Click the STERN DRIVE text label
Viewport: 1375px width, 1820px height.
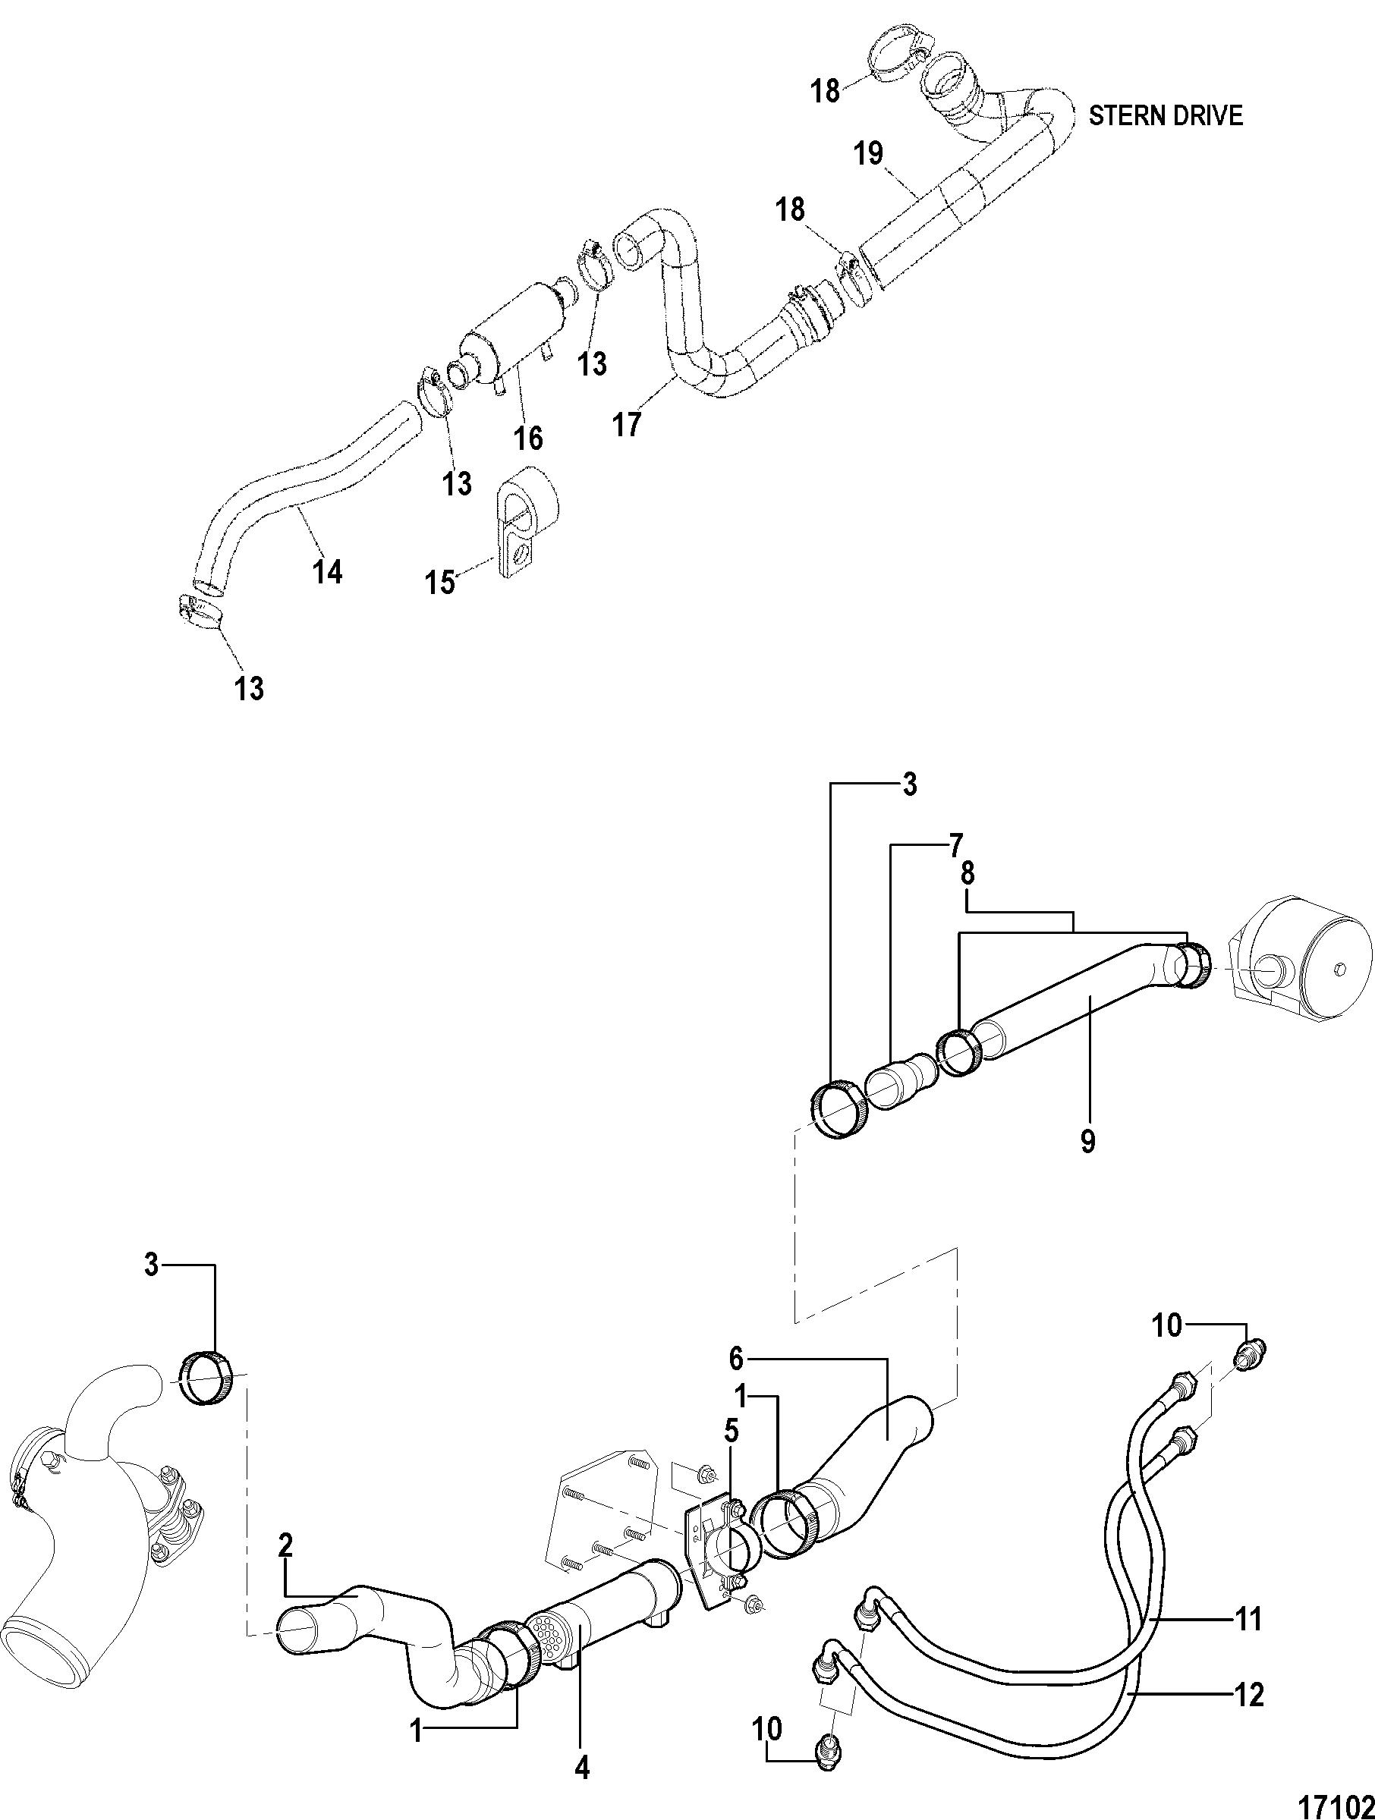click(x=1165, y=116)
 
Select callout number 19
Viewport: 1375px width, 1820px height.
click(x=868, y=154)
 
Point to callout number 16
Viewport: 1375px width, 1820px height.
click(x=529, y=438)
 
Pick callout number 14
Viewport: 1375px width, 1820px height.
click(x=328, y=571)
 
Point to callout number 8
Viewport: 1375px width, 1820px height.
click(x=968, y=874)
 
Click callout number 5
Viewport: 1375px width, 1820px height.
click(x=731, y=1431)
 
